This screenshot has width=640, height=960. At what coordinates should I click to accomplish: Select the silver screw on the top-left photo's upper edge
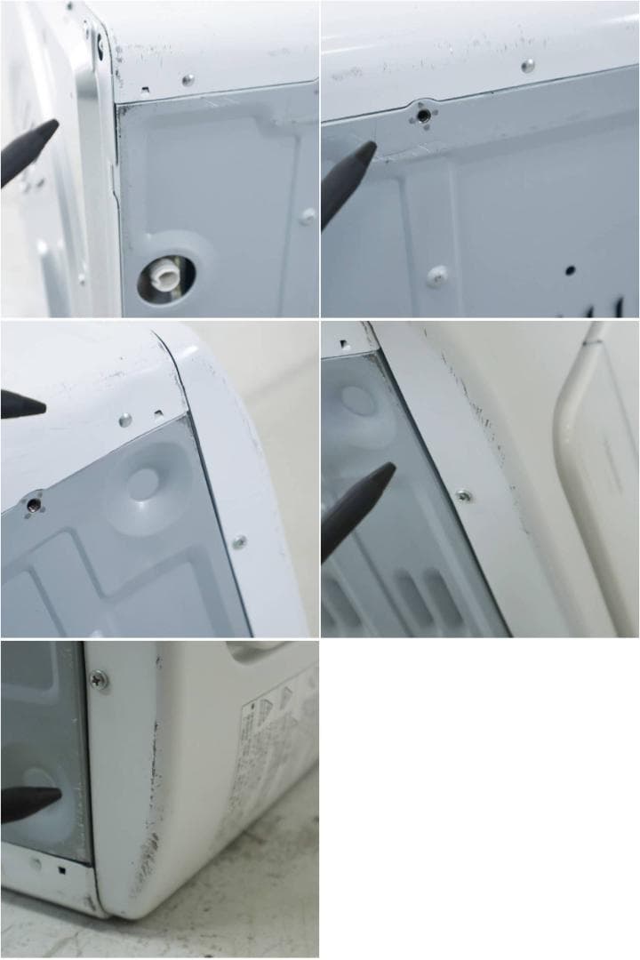pyautogui.click(x=188, y=79)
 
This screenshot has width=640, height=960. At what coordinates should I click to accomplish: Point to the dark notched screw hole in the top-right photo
pyautogui.click(x=424, y=116)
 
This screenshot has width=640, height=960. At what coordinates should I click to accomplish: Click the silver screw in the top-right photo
pyautogui.click(x=528, y=65)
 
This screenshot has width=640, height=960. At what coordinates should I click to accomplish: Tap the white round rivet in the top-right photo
pyautogui.click(x=436, y=275)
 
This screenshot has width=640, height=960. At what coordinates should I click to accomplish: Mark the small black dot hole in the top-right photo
pyautogui.click(x=570, y=269)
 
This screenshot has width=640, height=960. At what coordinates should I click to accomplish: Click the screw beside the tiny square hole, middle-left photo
pyautogui.click(x=125, y=419)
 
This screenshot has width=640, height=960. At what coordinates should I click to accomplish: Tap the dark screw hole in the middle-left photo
pyautogui.click(x=33, y=505)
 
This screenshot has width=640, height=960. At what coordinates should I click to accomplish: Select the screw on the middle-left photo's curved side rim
pyautogui.click(x=238, y=540)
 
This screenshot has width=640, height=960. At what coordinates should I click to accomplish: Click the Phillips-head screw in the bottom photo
pyautogui.click(x=100, y=680)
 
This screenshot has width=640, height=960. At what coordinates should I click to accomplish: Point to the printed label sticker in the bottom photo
pyautogui.click(x=271, y=747)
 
